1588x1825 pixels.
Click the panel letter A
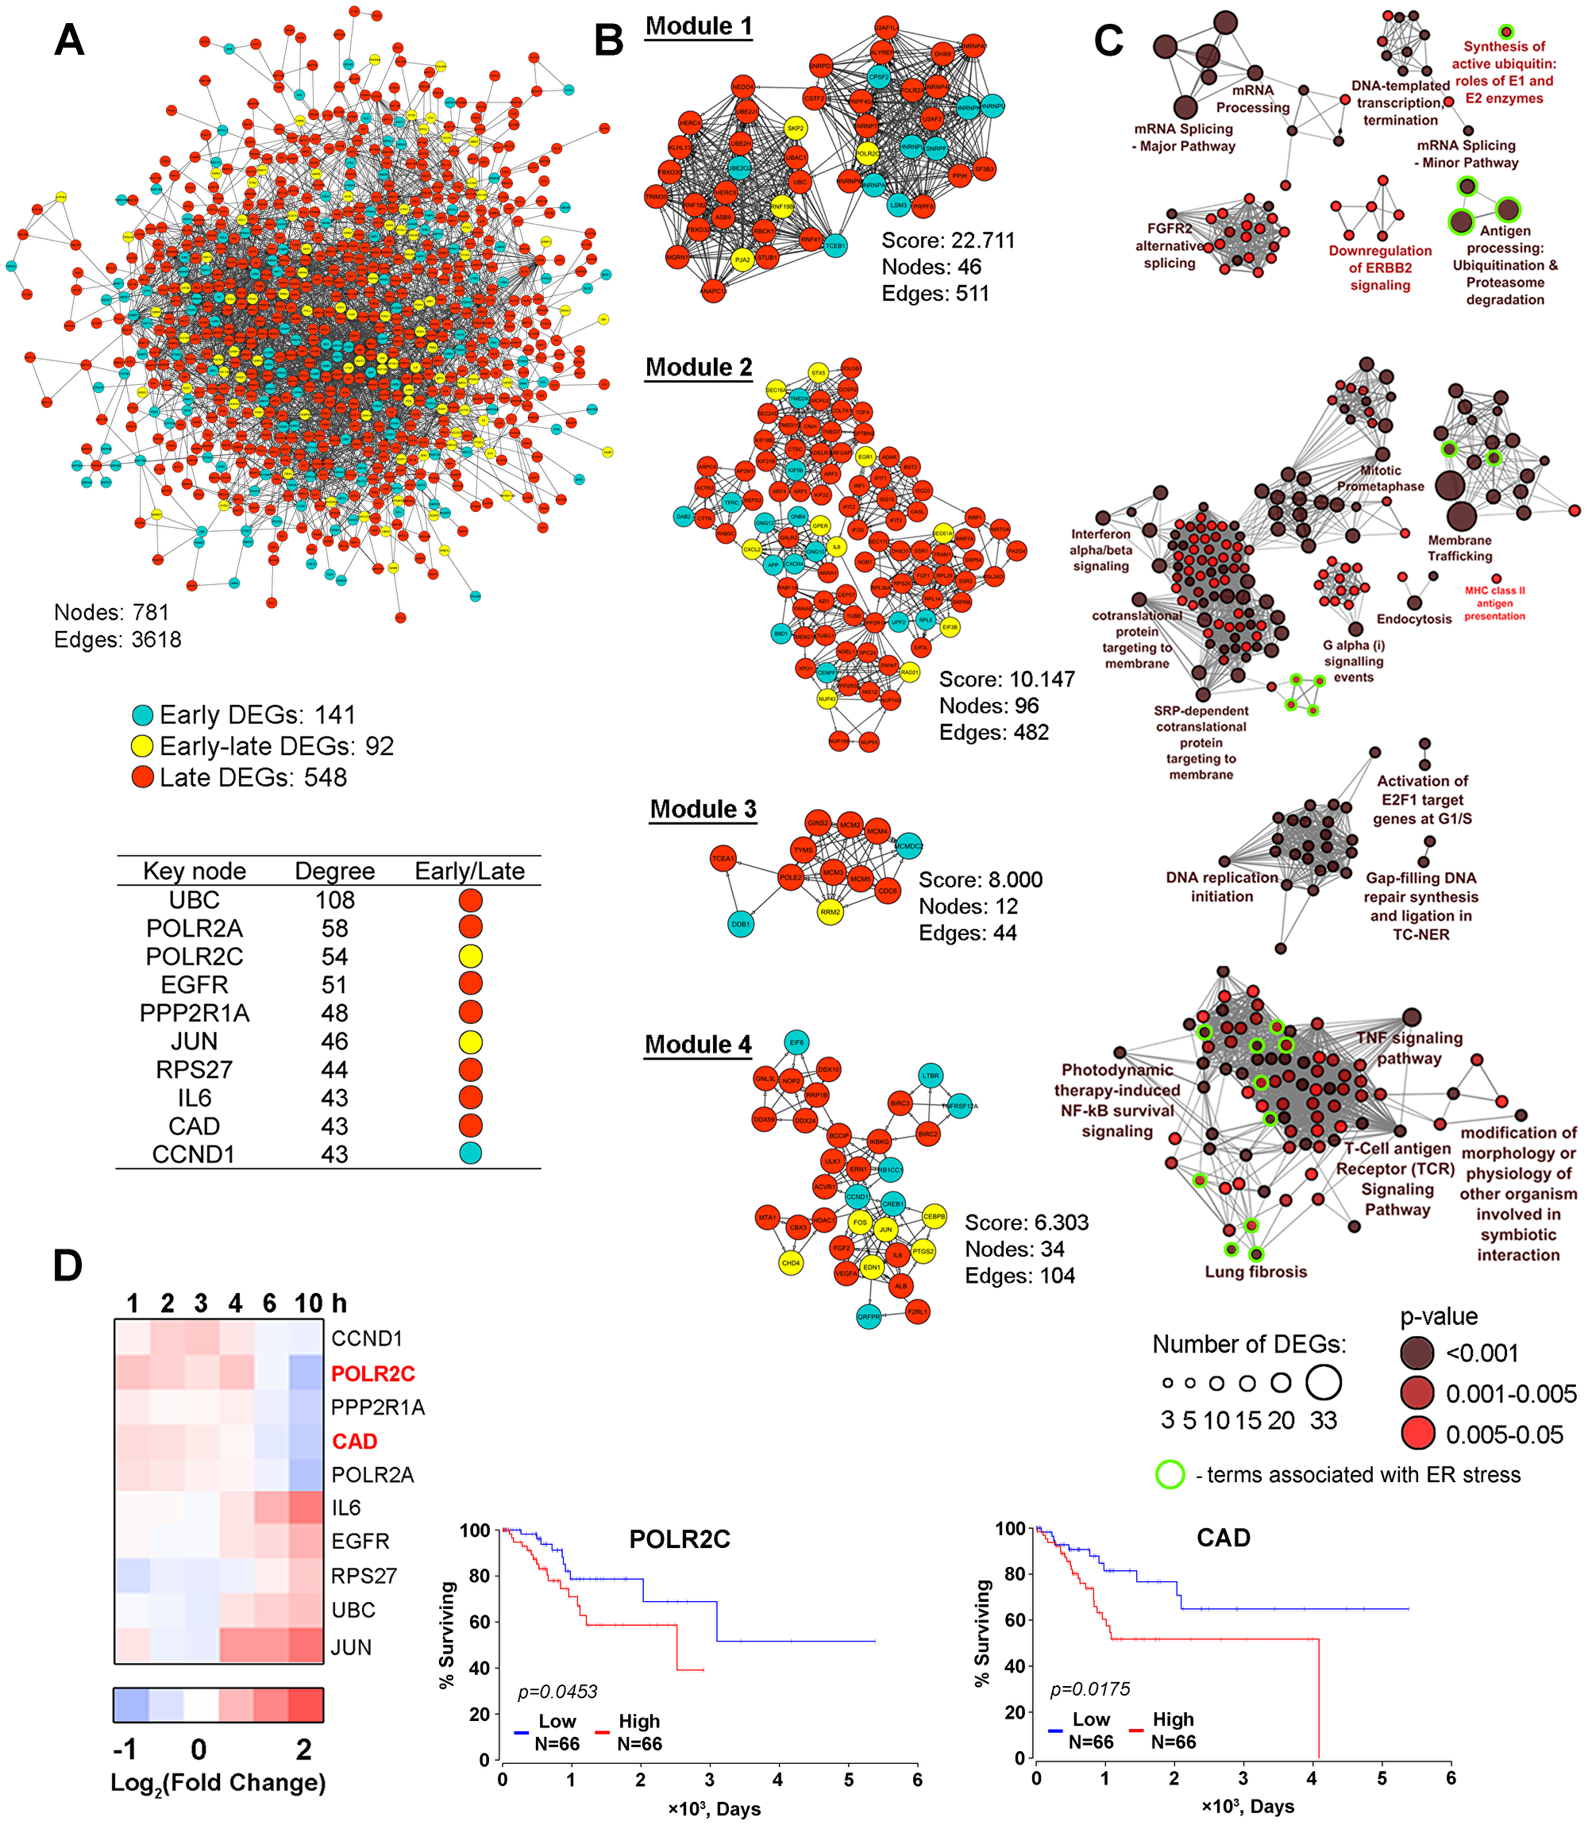(69, 40)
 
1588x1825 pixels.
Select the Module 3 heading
(703, 809)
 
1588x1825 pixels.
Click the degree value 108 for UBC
(334, 900)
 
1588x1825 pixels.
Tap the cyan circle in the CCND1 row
(470, 1153)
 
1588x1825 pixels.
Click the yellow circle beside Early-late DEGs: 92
(143, 746)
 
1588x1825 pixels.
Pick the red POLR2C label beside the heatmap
(372, 1373)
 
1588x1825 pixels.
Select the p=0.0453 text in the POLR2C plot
(557, 1691)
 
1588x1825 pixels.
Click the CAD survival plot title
(1223, 1537)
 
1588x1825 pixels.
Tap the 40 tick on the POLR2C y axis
(479, 1667)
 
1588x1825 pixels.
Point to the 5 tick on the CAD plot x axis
(1382, 1777)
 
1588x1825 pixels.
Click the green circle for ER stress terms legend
(1170, 1474)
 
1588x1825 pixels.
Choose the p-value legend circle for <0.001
(1417, 1353)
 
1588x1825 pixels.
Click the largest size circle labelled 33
(1323, 1381)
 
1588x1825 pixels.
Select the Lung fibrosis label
(1255, 1271)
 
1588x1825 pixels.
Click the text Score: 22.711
(947, 240)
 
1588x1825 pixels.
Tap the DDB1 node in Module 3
(741, 924)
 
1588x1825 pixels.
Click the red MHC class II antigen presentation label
(1494, 603)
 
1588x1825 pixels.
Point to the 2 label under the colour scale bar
(304, 1749)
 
